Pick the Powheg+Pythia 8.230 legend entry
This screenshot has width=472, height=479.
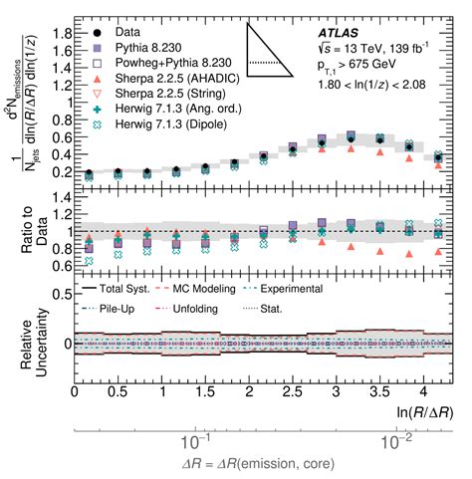coord(158,65)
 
